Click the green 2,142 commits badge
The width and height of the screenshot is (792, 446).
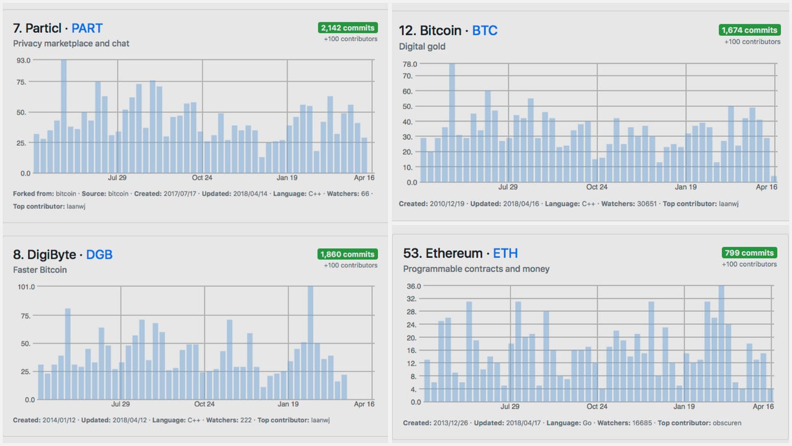[x=347, y=28]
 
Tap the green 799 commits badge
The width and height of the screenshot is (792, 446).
[x=749, y=253]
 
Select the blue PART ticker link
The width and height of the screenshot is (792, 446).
[x=87, y=28]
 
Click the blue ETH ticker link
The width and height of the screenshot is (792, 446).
[x=505, y=253]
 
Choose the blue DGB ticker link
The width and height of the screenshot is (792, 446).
[x=99, y=255]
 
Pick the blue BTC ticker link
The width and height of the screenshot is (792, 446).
[x=485, y=31]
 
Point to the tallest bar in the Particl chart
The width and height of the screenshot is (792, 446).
[x=64, y=116]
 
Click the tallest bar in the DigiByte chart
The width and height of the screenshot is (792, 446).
[x=310, y=342]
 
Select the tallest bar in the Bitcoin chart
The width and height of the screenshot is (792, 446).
[x=452, y=123]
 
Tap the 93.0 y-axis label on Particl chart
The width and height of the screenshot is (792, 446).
[x=23, y=60]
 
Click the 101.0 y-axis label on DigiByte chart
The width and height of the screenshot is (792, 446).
[x=26, y=286]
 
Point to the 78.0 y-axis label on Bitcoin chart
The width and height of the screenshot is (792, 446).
[x=409, y=64]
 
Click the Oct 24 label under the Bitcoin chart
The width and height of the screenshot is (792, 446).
[x=596, y=187]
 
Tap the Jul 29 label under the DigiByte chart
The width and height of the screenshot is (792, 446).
[x=120, y=404]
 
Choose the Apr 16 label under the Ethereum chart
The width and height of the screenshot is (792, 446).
[x=763, y=406]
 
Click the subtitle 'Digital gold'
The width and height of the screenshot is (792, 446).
[x=422, y=46]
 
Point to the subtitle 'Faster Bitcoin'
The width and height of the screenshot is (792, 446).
[x=40, y=270]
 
